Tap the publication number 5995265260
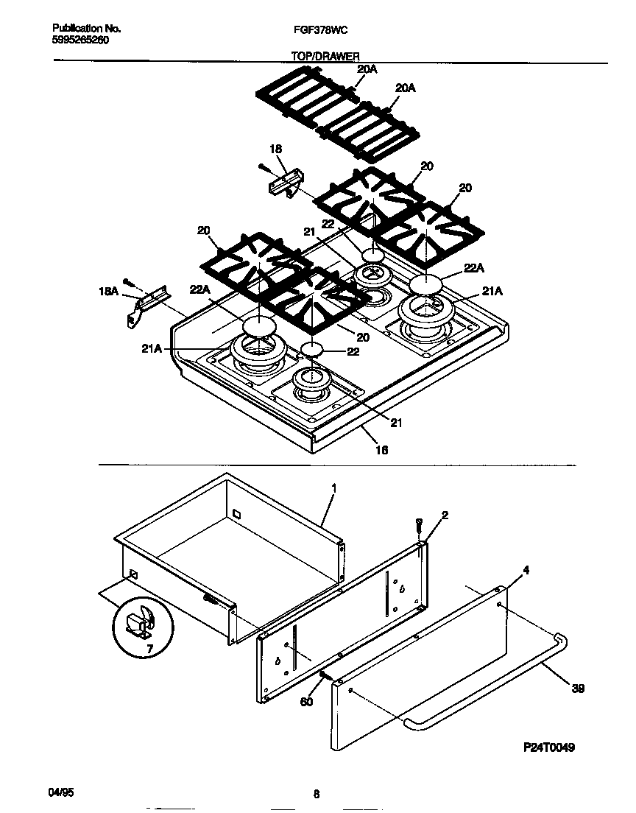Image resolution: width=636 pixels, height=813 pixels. [81, 41]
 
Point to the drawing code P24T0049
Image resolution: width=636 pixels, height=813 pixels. [549, 747]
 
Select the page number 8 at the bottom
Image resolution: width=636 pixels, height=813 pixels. [316, 794]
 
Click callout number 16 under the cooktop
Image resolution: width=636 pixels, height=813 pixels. [381, 449]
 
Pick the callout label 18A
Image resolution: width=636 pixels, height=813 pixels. [108, 292]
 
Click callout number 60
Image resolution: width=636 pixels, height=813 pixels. [307, 701]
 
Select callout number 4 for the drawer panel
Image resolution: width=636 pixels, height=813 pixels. [526, 569]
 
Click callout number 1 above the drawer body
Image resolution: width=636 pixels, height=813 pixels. [333, 488]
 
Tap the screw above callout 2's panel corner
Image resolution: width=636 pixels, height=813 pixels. [419, 525]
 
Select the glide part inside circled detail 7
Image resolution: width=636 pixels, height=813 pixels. [141, 623]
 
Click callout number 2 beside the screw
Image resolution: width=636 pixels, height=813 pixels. [445, 515]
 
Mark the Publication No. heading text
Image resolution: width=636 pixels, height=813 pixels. [86, 29]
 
